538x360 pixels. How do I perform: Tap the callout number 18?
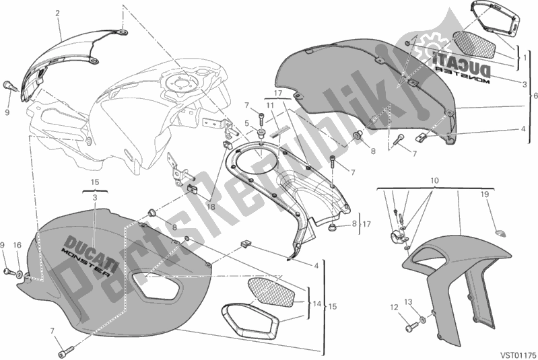pos(211,208)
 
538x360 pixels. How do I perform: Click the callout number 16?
pos(18,244)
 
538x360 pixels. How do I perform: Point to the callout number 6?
pos(533,96)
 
